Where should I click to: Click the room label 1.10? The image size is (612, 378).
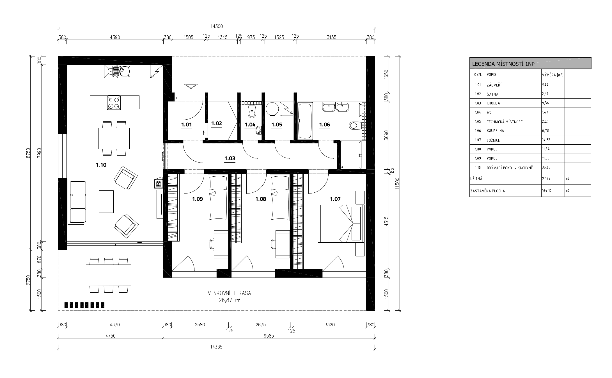coord(101,165)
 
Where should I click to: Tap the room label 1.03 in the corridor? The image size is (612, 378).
coord(230,158)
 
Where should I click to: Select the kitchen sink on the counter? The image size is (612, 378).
coord(121,71)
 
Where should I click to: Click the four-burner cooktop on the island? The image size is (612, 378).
coord(114,102)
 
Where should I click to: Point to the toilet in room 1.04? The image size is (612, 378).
coord(252,112)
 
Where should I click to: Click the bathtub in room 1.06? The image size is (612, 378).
coord(305,121)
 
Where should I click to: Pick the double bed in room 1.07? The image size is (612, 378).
coord(341,224)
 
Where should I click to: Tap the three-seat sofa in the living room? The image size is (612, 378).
coord(77,202)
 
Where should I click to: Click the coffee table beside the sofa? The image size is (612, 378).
coord(106,202)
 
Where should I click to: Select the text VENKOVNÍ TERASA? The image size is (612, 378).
coord(229,293)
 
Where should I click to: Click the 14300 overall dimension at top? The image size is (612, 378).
coord(216,26)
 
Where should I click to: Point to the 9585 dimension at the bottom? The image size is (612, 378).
coord(269,336)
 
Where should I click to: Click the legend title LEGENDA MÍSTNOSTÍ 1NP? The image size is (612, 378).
coord(503,64)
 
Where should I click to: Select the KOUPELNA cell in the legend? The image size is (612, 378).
coord(496,131)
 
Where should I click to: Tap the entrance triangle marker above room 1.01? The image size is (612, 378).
coord(191,86)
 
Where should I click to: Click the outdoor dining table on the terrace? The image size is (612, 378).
coord(109,275)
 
